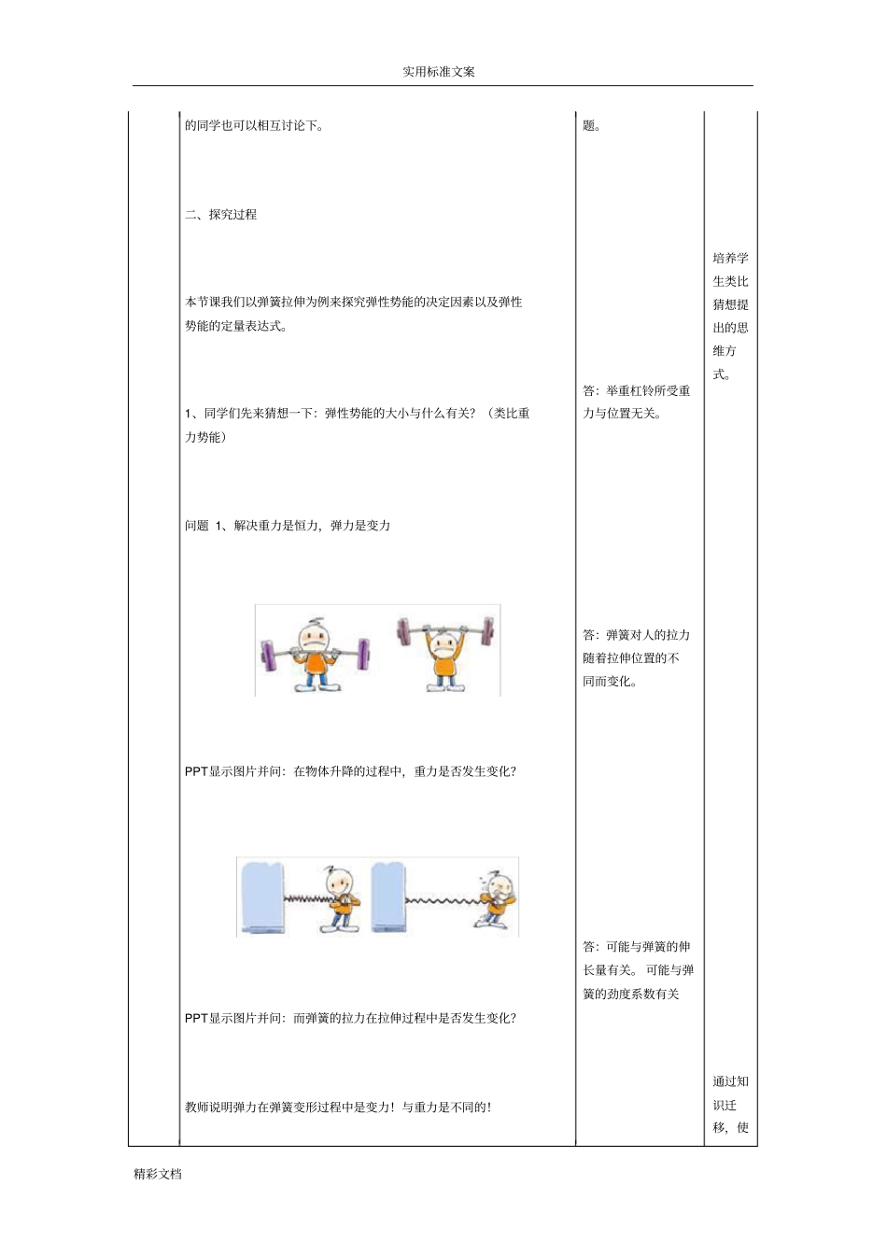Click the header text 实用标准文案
[438, 72]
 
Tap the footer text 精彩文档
[158, 1175]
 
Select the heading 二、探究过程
[221, 215]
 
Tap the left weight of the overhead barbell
[404, 631]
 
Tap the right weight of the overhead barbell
[486, 631]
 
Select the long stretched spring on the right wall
[441, 901]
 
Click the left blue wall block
[261, 896]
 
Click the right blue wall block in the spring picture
[388, 896]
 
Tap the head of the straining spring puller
[500, 887]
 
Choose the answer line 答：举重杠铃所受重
[637, 391]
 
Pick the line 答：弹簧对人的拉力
[637, 635]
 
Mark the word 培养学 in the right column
[730, 259]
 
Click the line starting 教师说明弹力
[338, 1108]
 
